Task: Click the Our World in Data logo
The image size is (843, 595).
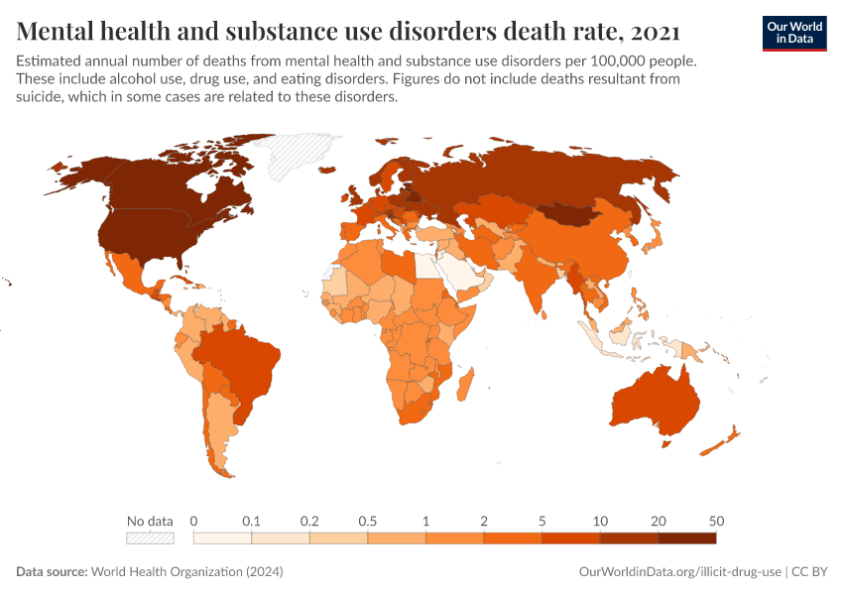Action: pos(793,32)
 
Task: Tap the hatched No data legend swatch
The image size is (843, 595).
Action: pos(150,537)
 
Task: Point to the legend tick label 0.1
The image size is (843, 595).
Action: pos(251,521)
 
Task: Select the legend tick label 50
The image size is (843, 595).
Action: pos(715,521)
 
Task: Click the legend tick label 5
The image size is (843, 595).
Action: pos(542,521)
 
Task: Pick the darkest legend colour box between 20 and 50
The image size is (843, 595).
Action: pos(686,537)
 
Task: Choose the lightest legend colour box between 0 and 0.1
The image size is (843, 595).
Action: pos(222,537)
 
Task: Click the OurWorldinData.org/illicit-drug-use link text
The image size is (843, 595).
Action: pos(680,572)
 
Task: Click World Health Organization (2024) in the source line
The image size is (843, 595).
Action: pos(187,572)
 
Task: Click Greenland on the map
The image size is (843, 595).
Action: pos(298,156)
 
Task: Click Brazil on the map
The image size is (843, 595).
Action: pos(243,357)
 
